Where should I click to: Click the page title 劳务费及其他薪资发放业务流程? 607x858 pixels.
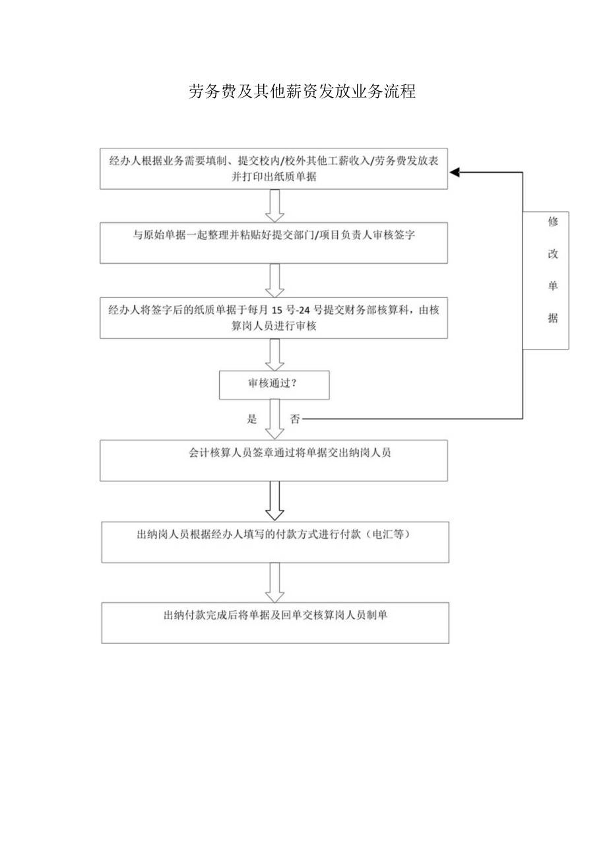(302, 92)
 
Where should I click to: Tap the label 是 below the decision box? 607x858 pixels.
(251, 419)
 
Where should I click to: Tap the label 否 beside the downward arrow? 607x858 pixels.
(294, 419)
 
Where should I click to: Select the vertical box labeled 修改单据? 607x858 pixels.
(546, 280)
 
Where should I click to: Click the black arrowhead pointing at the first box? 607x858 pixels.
(455, 172)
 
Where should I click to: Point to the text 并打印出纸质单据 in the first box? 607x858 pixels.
(274, 176)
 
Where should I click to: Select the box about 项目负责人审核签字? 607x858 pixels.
(274, 243)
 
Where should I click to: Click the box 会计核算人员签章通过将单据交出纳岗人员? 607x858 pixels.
(274, 460)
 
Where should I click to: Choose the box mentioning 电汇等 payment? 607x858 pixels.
(274, 542)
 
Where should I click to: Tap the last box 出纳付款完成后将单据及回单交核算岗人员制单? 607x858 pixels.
(274, 622)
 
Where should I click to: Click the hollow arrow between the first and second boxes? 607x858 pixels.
(274, 206)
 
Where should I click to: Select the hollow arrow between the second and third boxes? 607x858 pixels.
(274, 281)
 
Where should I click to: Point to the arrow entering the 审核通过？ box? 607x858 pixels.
(274, 355)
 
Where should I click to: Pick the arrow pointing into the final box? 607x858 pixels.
(274, 582)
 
